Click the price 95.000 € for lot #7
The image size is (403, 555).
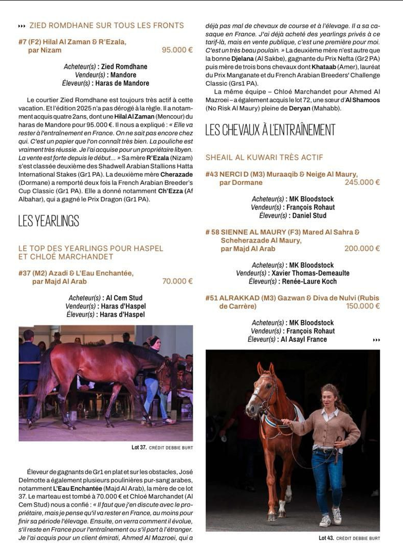pyautogui.click(x=177, y=50)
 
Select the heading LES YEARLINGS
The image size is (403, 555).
pyautogui.click(x=49, y=221)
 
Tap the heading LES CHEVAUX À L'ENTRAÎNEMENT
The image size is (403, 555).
pyautogui.click(x=270, y=130)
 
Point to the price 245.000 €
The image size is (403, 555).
pyautogui.click(x=362, y=182)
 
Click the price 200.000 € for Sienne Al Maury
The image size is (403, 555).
pyautogui.click(x=362, y=249)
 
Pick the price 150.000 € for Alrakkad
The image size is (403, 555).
pyautogui.click(x=362, y=306)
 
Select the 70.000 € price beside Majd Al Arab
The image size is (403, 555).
pyautogui.click(x=177, y=282)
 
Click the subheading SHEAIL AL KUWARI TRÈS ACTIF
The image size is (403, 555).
pyautogui.click(x=264, y=157)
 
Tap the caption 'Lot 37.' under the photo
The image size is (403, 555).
pyautogui.click(x=139, y=448)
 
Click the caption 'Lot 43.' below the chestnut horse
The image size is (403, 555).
pyautogui.click(x=326, y=538)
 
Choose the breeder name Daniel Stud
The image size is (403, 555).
pyautogui.click(x=309, y=216)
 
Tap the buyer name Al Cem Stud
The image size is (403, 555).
pyautogui.click(x=124, y=298)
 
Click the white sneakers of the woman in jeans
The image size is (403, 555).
pyautogui.click(x=331, y=518)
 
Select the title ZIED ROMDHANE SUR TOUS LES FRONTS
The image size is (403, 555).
pyautogui.click(x=106, y=25)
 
